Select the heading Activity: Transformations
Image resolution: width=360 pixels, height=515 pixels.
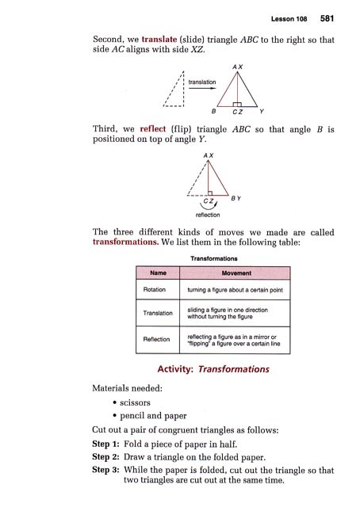209,369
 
